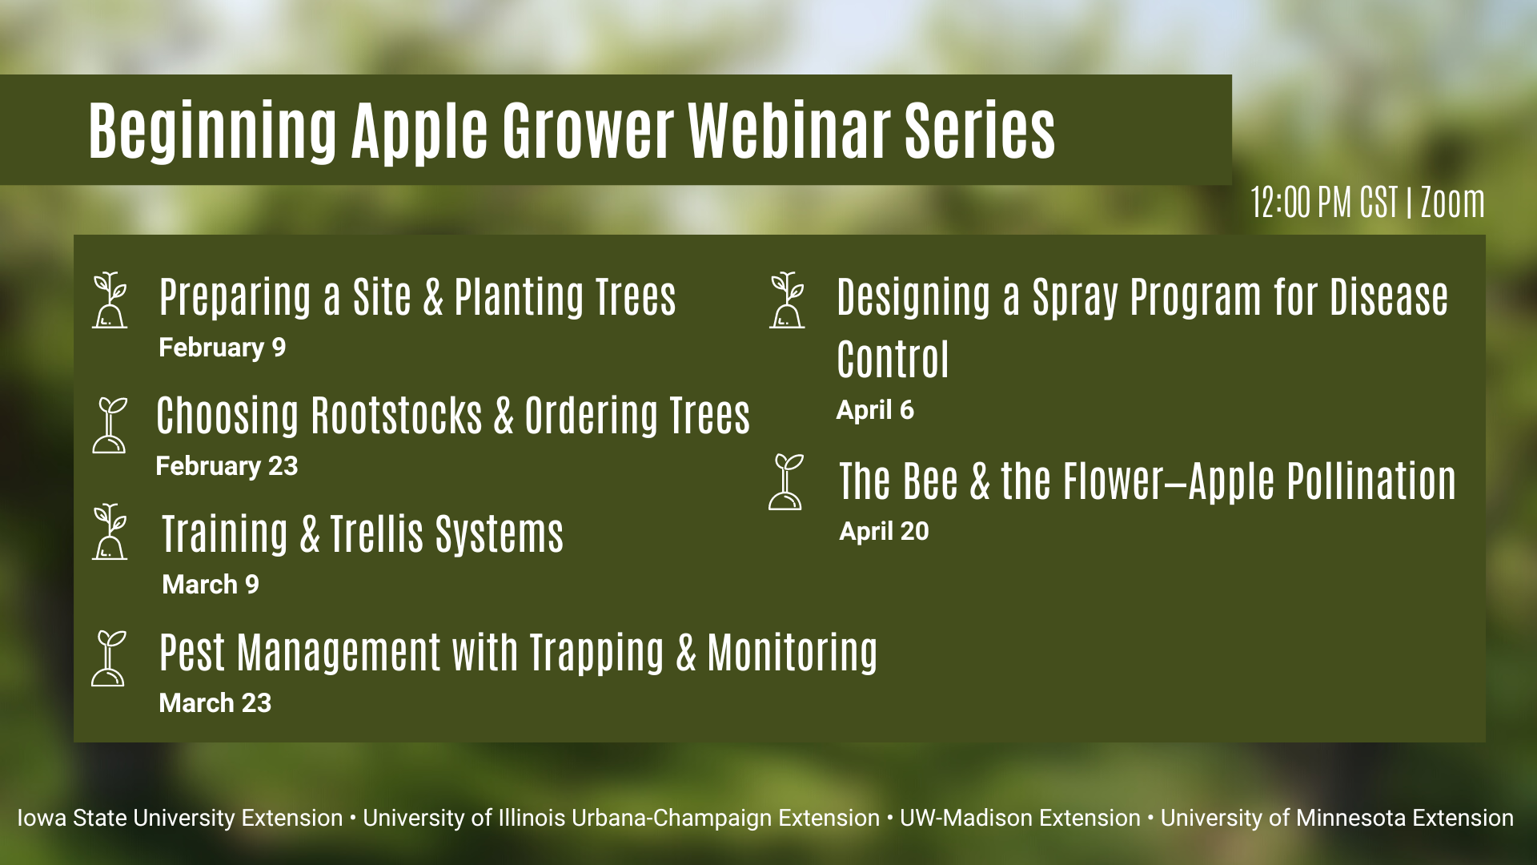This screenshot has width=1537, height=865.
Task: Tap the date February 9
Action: (x=223, y=348)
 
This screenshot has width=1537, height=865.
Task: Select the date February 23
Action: (x=227, y=466)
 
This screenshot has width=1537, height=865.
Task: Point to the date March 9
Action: (x=211, y=585)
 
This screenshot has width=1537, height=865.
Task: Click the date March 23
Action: (x=215, y=703)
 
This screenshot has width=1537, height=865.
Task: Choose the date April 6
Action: (x=875, y=410)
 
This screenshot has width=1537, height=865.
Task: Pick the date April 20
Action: (x=884, y=531)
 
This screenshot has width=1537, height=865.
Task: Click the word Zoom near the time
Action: (x=1453, y=202)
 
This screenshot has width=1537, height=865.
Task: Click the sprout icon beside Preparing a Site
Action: (x=110, y=300)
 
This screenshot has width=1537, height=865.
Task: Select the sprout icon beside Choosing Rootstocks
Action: (x=110, y=425)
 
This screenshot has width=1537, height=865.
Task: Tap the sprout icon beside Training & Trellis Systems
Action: (x=110, y=531)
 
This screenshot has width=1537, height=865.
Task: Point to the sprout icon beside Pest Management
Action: (x=109, y=658)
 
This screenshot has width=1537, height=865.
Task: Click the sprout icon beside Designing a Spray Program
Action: (x=787, y=300)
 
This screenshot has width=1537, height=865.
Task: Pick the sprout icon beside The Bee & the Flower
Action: (x=786, y=482)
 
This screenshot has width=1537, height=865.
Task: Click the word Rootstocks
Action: (x=397, y=416)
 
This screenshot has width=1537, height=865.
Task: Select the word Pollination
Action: (x=1371, y=481)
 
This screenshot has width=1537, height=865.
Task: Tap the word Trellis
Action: (x=377, y=534)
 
